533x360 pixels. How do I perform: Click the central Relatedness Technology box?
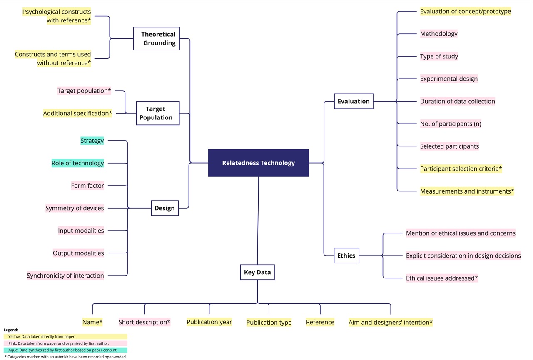258,163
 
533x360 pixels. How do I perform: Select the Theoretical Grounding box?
157,39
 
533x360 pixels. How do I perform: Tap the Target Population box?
158,113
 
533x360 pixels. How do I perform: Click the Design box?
164,208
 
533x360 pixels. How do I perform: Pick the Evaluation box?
354,101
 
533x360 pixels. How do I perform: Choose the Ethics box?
346,256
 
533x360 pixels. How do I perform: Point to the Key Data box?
257,273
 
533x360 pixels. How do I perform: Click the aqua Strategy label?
92,141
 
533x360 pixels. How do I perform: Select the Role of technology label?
77,163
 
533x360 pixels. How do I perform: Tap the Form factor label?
87,186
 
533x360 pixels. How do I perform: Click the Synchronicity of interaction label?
65,276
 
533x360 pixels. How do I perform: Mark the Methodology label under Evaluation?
438,34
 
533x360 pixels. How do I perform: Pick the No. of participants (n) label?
451,124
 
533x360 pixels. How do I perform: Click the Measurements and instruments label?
467,191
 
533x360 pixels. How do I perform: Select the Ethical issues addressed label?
441,278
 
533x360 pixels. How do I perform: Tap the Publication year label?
209,322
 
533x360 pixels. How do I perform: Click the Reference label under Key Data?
320,322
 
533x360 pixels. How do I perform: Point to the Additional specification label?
78,113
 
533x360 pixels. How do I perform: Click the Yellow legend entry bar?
65,337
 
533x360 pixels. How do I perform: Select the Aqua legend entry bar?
65,350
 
